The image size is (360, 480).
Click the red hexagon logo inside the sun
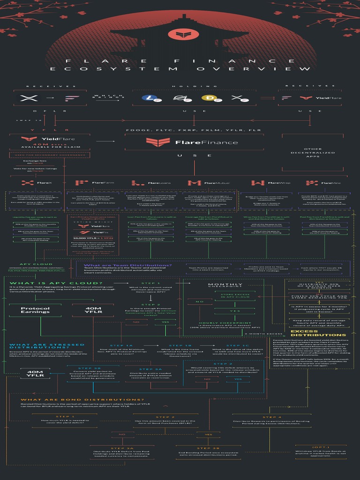click(180, 34)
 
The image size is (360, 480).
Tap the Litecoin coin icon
click(149, 98)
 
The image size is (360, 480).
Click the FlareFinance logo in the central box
click(192, 142)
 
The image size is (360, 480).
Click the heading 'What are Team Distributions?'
click(127, 265)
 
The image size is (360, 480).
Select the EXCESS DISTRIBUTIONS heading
click(318, 333)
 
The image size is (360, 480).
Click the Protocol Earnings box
click(35, 310)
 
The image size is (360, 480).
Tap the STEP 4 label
click(272, 417)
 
